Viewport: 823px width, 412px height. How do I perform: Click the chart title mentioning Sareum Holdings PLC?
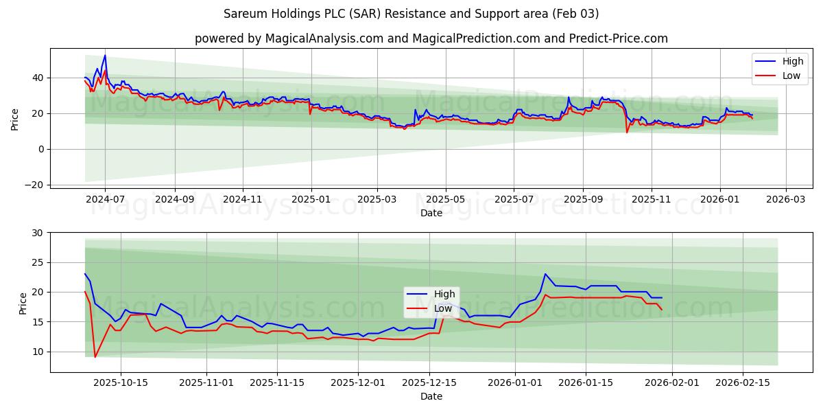click(x=411, y=14)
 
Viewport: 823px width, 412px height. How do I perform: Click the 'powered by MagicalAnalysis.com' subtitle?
click(x=431, y=38)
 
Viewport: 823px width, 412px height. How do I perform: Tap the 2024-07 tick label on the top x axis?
click(x=105, y=199)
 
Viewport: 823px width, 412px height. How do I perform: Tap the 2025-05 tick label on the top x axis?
click(x=446, y=199)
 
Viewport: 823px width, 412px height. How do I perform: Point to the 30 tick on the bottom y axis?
click(x=37, y=233)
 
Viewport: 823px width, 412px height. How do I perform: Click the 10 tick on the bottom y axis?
click(x=37, y=352)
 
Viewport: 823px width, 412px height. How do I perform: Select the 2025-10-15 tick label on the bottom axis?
click(x=121, y=383)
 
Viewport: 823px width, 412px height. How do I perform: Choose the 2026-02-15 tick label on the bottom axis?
click(x=743, y=383)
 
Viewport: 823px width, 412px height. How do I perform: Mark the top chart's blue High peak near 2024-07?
click(x=105, y=56)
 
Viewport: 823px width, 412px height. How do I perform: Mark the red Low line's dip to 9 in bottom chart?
click(x=95, y=357)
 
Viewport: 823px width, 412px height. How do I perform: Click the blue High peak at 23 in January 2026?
click(x=545, y=274)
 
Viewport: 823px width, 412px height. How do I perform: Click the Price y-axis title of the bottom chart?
click(x=23, y=303)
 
